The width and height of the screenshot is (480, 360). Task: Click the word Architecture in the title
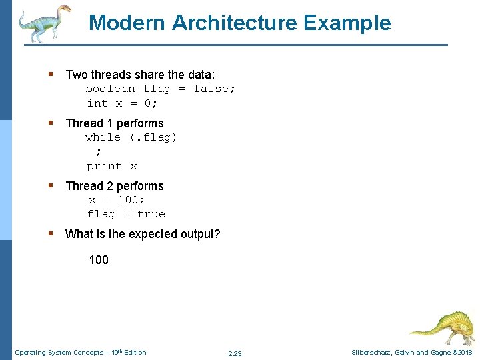pyautogui.click(x=235, y=23)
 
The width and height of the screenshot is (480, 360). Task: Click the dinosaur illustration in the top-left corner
pyautogui.click(x=44, y=23)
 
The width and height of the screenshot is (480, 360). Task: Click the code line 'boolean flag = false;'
pyautogui.click(x=160, y=89)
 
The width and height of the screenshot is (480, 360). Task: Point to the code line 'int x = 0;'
pyautogui.click(x=122, y=103)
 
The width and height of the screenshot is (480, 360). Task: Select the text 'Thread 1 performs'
pyautogui.click(x=114, y=123)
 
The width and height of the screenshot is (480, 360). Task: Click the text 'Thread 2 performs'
pyautogui.click(x=114, y=186)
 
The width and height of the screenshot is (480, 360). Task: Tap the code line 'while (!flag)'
pyautogui.click(x=131, y=137)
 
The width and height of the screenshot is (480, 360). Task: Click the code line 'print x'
pyautogui.click(x=111, y=166)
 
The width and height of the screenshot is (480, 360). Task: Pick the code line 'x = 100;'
pyautogui.click(x=117, y=200)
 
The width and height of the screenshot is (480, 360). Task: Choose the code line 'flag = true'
pyautogui.click(x=125, y=214)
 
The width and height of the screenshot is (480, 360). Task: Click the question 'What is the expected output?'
pyautogui.click(x=142, y=234)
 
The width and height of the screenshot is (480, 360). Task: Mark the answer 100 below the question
pyautogui.click(x=99, y=260)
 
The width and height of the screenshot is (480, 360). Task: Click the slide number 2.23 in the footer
pyautogui.click(x=235, y=353)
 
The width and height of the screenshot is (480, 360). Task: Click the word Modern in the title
pyautogui.click(x=127, y=23)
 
